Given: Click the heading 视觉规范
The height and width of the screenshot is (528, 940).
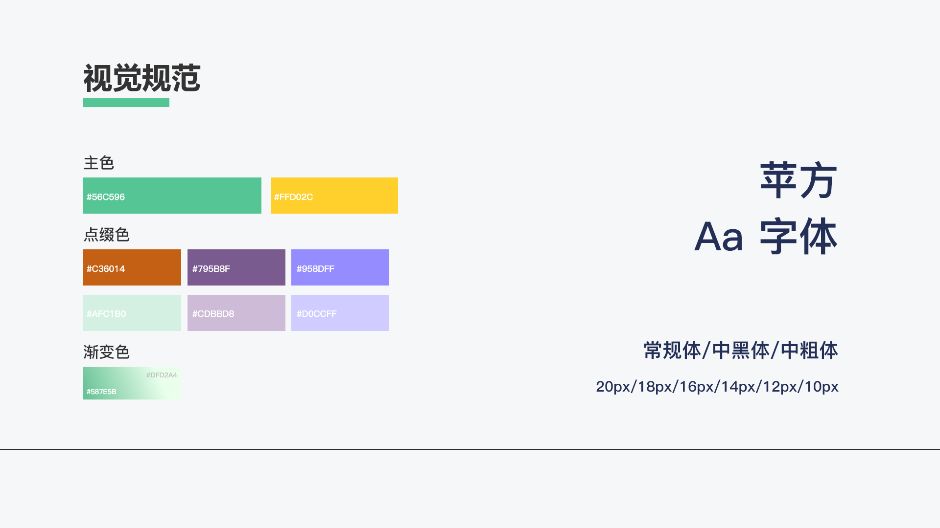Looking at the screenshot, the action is pyautogui.click(x=142, y=78).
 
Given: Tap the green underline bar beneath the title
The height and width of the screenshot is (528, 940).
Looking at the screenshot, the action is pyautogui.click(x=126, y=102).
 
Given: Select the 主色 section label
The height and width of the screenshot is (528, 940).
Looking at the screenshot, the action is pyautogui.click(x=99, y=163).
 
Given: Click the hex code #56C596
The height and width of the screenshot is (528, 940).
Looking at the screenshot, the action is pyautogui.click(x=106, y=197).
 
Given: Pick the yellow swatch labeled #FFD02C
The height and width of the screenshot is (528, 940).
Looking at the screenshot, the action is pyautogui.click(x=334, y=196).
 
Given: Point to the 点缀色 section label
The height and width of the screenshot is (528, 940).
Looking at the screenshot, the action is pyautogui.click(x=107, y=235).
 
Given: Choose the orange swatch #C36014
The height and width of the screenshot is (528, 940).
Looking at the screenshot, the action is pyautogui.click(x=132, y=267).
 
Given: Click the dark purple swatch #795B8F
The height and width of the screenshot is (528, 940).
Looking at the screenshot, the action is pyautogui.click(x=236, y=267).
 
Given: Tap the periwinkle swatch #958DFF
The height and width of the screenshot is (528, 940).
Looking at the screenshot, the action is pyautogui.click(x=340, y=267).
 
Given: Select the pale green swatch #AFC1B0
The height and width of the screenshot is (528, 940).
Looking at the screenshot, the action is pyautogui.click(x=132, y=313).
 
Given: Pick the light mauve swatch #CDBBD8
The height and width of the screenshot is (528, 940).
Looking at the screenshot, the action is pyautogui.click(x=236, y=313).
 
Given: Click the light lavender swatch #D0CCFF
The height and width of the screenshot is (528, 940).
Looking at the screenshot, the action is pyautogui.click(x=340, y=313).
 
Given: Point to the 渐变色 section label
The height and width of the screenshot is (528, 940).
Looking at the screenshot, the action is pyautogui.click(x=107, y=352).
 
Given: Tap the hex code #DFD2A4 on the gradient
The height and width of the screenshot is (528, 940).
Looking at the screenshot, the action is pyautogui.click(x=162, y=375).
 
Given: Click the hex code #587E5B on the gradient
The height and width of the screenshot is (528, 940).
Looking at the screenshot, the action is pyautogui.click(x=101, y=392).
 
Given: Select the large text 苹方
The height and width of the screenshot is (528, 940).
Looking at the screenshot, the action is pyautogui.click(x=799, y=180).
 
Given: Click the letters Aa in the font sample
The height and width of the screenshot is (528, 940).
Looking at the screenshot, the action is pyautogui.click(x=719, y=237).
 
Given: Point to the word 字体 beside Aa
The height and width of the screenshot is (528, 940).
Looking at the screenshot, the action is pyautogui.click(x=799, y=237).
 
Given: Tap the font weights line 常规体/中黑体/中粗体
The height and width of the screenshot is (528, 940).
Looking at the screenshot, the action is pyautogui.click(x=741, y=351).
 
